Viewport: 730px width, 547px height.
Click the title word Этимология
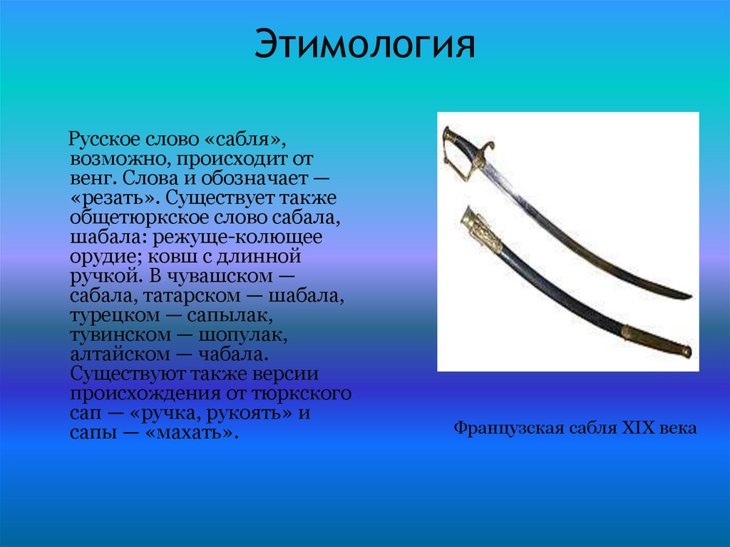366,46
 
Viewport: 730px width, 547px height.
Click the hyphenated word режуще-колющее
243,236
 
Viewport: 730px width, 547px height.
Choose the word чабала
229,354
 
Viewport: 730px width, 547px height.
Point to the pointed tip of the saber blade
687,296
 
